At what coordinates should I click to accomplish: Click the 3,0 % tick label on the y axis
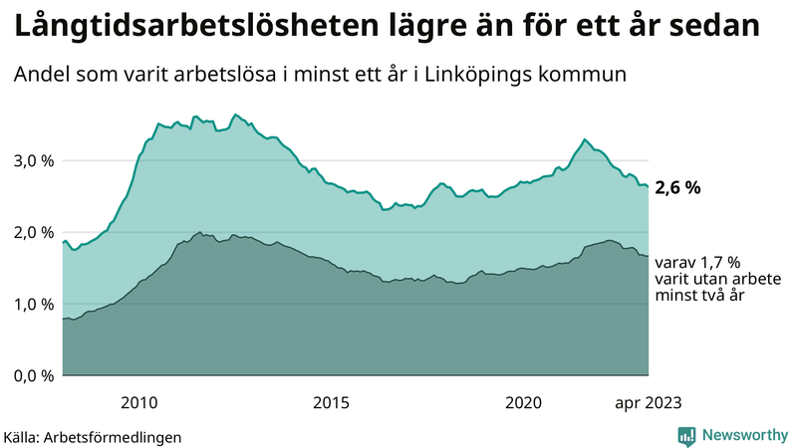tap(32, 161)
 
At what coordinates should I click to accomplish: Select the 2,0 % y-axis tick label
tap(32, 233)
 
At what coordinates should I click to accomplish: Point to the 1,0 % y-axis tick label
tap(32, 305)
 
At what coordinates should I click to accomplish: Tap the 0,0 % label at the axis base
tap(32, 376)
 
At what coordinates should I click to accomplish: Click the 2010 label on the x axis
tap(139, 402)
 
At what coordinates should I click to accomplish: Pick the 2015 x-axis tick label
tap(331, 402)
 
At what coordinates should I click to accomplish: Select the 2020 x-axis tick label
tap(523, 402)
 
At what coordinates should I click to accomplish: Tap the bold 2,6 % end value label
tap(678, 187)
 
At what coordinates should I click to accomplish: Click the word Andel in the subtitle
tap(41, 75)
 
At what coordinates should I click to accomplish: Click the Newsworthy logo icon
tap(686, 435)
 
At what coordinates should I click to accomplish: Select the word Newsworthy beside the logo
tap(742, 435)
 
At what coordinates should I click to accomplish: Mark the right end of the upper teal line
tap(649, 186)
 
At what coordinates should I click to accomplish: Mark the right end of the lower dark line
tap(649, 257)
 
